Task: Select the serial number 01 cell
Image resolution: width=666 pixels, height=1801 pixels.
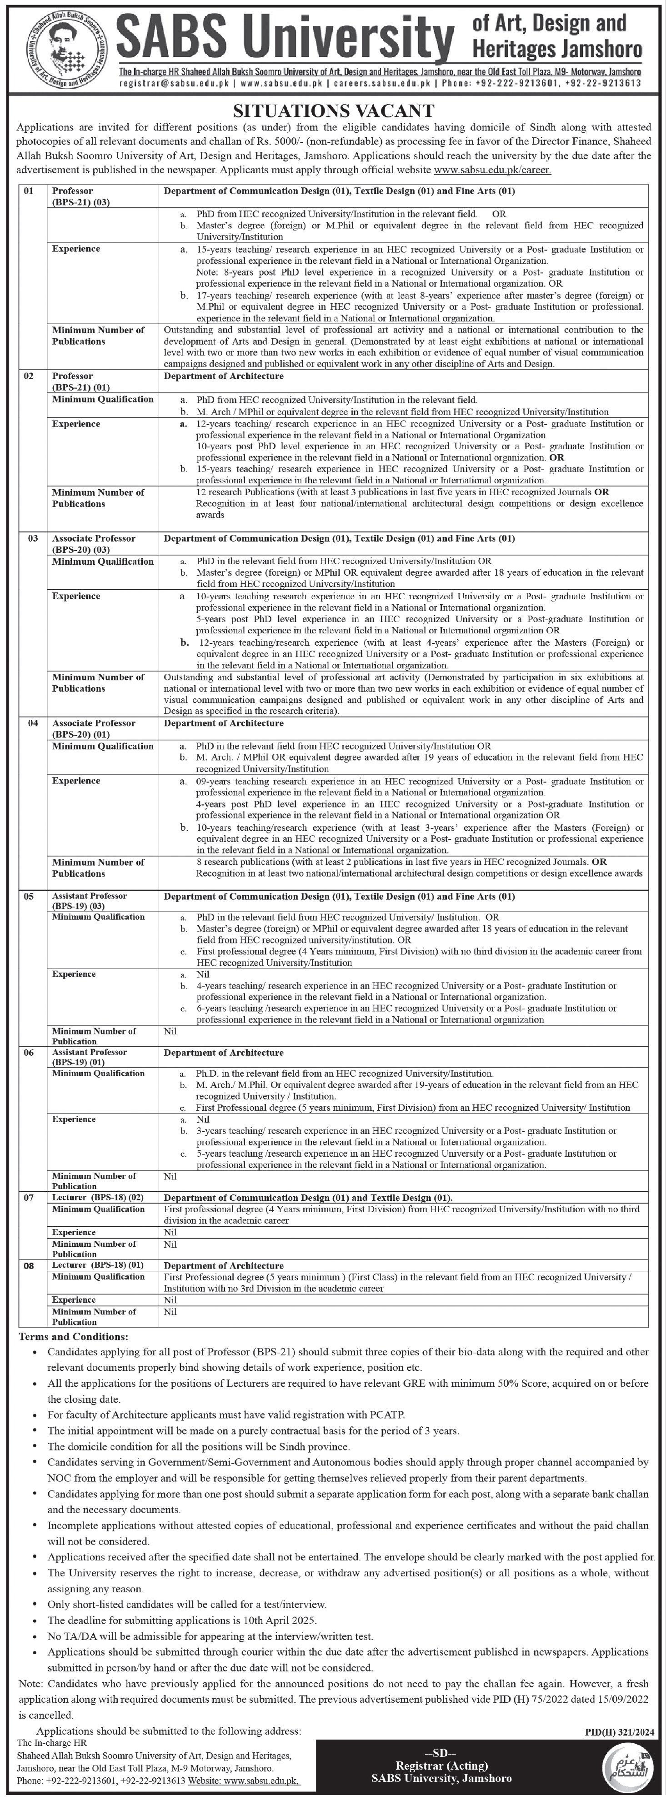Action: tap(29, 190)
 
